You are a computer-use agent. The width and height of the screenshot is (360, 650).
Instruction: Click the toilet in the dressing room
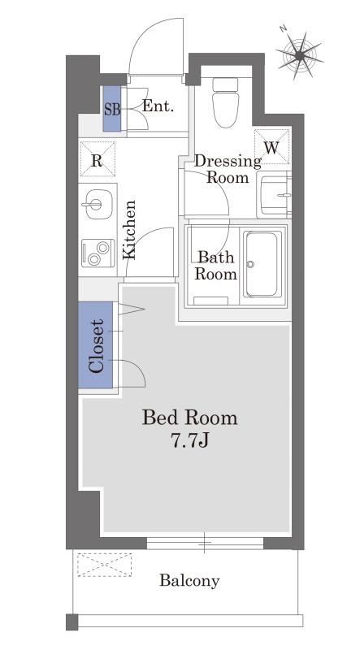pos(226,103)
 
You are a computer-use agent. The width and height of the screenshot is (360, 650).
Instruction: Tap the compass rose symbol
pos(300,54)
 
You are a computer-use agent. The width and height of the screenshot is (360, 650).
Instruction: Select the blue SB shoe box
pos(112,109)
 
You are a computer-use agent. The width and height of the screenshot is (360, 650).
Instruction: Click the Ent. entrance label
pos(158,106)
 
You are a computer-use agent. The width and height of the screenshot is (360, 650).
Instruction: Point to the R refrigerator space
pos(97,159)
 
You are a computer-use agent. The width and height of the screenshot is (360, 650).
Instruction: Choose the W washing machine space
pos(271,147)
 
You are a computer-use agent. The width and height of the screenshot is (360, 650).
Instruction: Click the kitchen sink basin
pos(98,204)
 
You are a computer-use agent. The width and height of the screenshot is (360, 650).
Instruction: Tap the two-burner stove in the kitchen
pos(98,253)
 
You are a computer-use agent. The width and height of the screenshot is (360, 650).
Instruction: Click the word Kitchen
pos(129,230)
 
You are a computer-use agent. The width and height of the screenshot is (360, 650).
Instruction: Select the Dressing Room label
pos(228,169)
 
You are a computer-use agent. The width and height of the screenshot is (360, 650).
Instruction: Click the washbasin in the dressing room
pos(275,194)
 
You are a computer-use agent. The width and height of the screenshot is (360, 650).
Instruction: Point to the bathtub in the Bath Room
pos(262,264)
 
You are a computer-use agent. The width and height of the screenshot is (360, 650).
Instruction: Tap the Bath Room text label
pos(215,266)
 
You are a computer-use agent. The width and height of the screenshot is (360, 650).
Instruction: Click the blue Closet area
pos(96,345)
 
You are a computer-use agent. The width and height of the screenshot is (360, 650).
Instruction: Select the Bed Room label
pos(190,418)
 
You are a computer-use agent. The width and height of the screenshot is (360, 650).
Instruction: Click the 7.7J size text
pos(190,441)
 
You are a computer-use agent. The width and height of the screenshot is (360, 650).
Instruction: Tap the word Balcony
pos(189,581)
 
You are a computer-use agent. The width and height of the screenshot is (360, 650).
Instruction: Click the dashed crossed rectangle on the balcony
pos(105,565)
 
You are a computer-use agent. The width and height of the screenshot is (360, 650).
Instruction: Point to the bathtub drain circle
pos(250,264)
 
